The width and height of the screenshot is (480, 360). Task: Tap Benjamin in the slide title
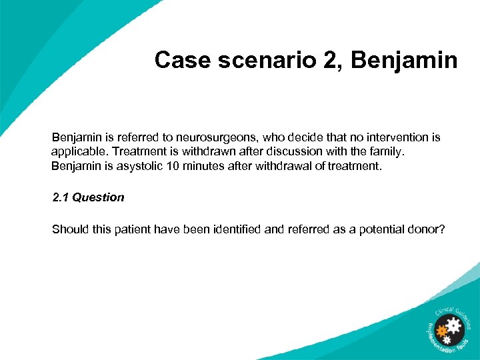point(404,60)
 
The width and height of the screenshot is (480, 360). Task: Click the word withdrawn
point(197,151)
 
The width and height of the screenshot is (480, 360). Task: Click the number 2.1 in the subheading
point(60,197)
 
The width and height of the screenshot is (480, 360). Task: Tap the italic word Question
point(98,197)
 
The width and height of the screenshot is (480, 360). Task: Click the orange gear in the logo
point(441,330)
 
